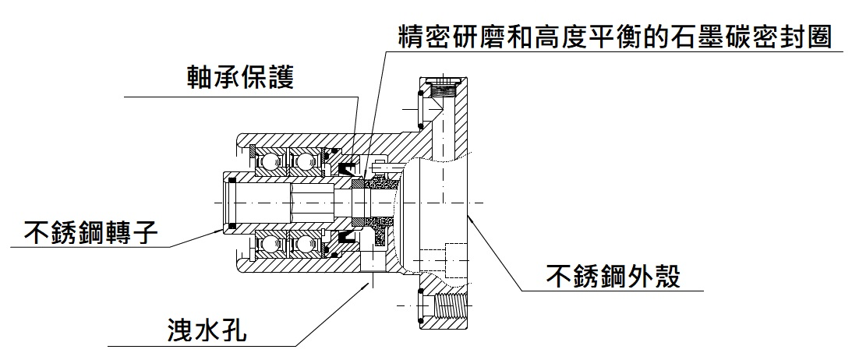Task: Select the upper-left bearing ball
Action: pyautogui.click(x=269, y=161)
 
